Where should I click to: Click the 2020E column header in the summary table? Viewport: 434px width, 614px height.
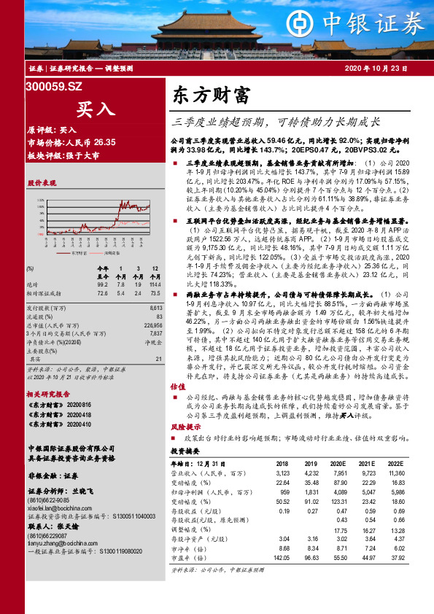pyautogui.click(x=338, y=464)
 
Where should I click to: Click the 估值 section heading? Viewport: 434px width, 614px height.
pyautogui.click(x=177, y=386)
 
